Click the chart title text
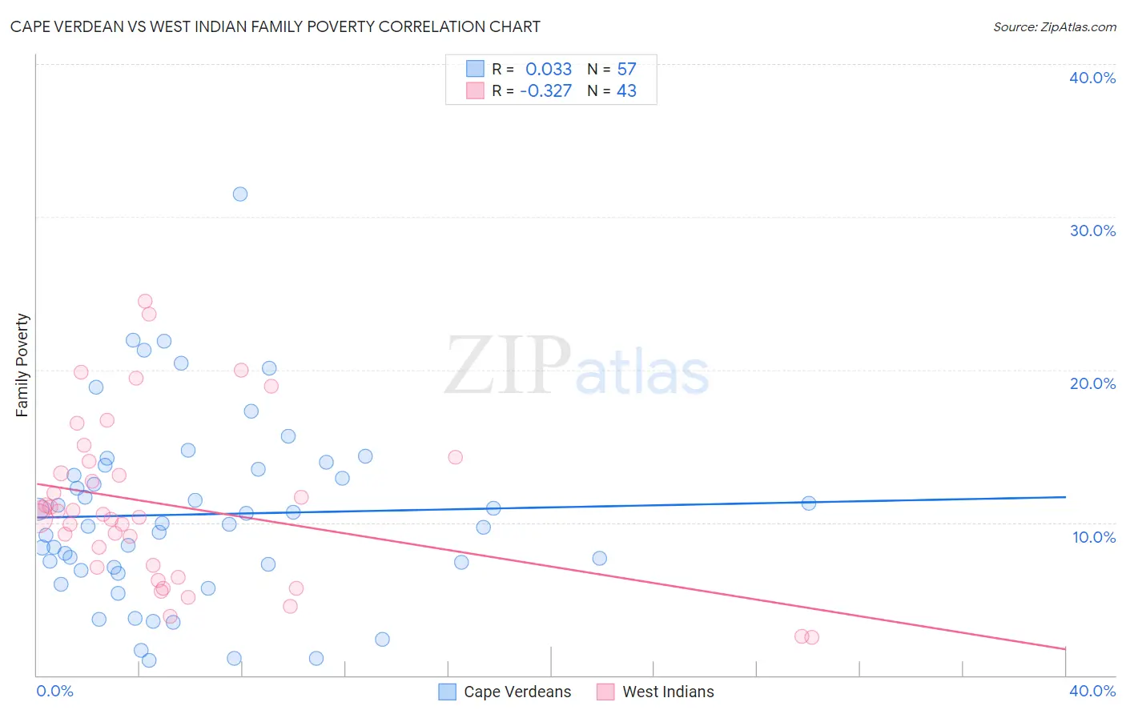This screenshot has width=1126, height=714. click(x=275, y=26)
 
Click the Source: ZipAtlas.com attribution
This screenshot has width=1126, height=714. click(x=1054, y=26)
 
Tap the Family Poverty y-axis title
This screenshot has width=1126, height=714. click(x=22, y=365)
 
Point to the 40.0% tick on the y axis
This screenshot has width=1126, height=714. click(x=1092, y=78)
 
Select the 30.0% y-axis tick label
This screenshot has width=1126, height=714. click(x=1092, y=231)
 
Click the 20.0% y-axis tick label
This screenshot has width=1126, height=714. click(x=1092, y=383)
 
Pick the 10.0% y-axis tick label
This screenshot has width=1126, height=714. click(x=1094, y=537)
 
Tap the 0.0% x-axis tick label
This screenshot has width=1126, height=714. click(x=54, y=691)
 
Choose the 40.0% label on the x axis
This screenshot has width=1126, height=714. click(x=1092, y=691)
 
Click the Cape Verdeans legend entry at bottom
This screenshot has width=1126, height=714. click(x=506, y=692)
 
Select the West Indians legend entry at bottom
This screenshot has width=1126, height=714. click(x=656, y=692)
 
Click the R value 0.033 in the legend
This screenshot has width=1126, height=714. click(x=549, y=70)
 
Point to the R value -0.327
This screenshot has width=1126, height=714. click(x=546, y=91)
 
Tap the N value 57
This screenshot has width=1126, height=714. click(x=626, y=70)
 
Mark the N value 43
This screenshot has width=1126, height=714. click(x=626, y=91)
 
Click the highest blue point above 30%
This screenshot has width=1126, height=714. click(x=240, y=194)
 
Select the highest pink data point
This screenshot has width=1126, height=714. click(x=145, y=302)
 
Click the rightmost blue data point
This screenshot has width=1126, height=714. click(x=809, y=503)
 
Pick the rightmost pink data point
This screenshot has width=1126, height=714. click(x=812, y=637)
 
